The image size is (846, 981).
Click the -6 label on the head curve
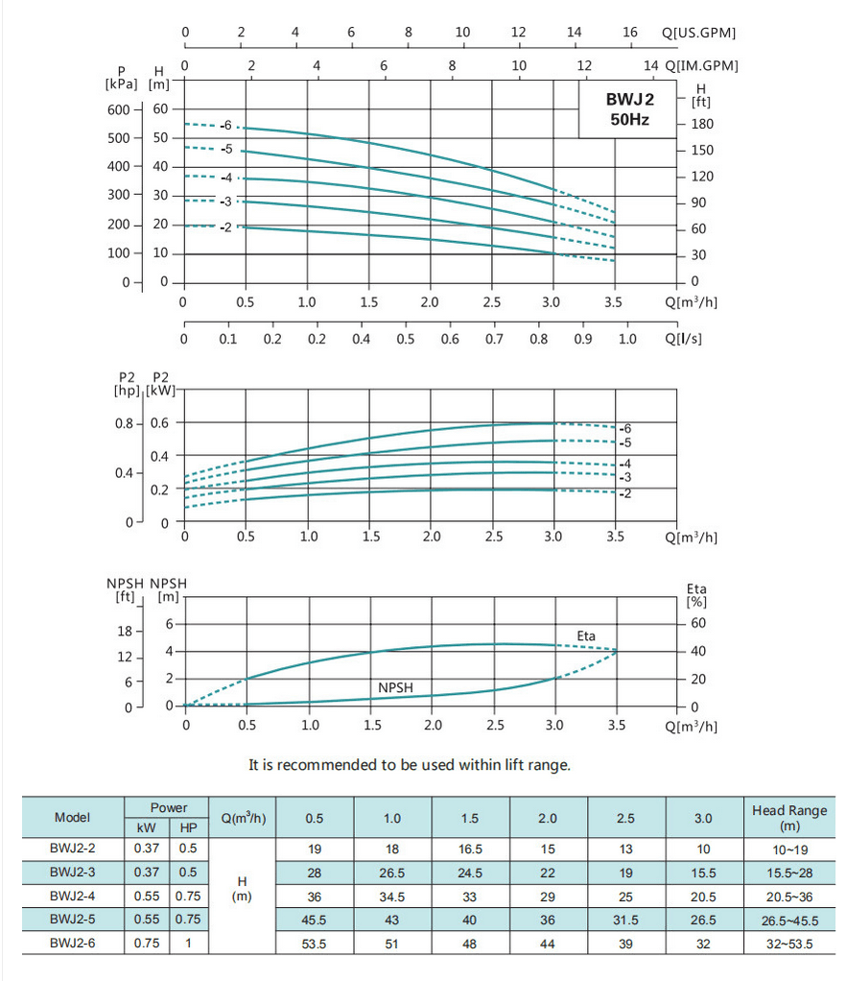pyautogui.click(x=224, y=126)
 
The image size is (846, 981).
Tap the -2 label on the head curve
pyautogui.click(x=224, y=227)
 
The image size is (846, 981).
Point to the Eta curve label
pyautogui.click(x=586, y=636)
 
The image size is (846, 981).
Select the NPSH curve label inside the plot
pyautogui.click(x=396, y=688)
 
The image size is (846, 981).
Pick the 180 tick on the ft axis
pyautogui.click(x=701, y=125)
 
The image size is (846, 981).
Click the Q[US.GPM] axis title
pyautogui.click(x=699, y=33)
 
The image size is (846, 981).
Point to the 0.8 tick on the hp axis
pyautogui.click(x=124, y=423)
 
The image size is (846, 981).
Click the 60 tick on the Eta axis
pyautogui.click(x=698, y=623)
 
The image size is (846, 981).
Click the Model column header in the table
pyautogui.click(x=73, y=818)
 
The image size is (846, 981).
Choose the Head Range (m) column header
pyautogui.click(x=789, y=818)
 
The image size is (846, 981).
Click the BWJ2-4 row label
pyautogui.click(x=73, y=897)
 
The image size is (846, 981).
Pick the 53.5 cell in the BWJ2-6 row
pyautogui.click(x=315, y=944)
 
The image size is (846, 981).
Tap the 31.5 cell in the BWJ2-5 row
pyautogui.click(x=625, y=920)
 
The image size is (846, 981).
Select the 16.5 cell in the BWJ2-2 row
pyautogui.click(x=470, y=849)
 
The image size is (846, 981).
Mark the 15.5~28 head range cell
pyautogui.click(x=789, y=873)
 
